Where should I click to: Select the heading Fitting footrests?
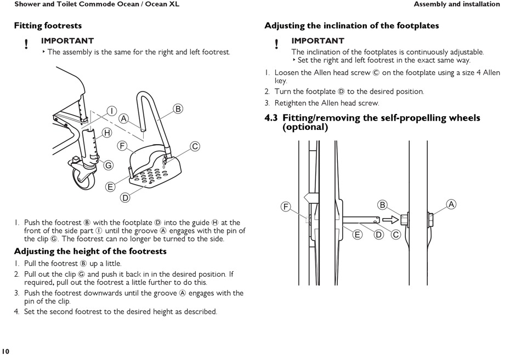48,26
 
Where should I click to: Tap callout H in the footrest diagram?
107,133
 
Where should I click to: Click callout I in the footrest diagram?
111,111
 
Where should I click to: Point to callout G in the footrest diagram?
109,165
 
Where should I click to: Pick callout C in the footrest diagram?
195,146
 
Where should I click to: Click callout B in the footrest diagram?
178,108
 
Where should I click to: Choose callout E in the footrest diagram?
110,187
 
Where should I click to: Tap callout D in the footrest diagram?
125,198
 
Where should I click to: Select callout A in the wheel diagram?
451,204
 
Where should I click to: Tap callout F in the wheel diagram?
286,207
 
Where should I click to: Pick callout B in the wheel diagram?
383,205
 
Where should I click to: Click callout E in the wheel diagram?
358,235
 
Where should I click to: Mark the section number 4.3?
271,118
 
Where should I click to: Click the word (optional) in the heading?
305,127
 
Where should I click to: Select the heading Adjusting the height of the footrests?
90,252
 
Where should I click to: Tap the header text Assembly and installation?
456,4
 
